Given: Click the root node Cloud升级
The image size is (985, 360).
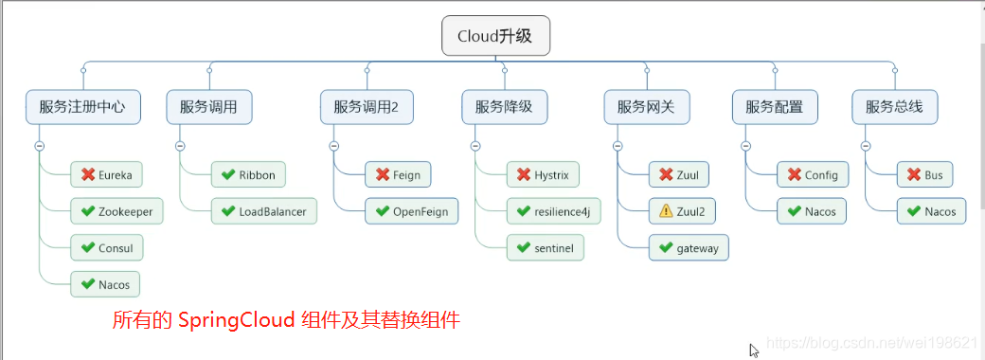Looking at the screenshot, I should click(495, 37).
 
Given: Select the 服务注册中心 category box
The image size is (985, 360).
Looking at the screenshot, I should click(82, 107).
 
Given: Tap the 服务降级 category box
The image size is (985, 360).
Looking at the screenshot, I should click(504, 107).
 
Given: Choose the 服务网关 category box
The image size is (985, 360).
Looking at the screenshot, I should click(646, 107).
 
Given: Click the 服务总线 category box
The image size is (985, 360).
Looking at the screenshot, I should click(894, 107).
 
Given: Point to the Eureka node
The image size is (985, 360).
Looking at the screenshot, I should click(107, 174).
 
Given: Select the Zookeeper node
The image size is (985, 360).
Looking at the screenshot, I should click(116, 211).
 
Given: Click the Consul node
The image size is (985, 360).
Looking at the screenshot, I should click(106, 247).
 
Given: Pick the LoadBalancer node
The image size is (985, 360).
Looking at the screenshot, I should click(263, 211).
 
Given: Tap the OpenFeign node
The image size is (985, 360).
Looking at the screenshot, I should click(411, 211).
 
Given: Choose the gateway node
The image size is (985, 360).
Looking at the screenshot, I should click(689, 248).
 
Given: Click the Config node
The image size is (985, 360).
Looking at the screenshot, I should click(813, 174).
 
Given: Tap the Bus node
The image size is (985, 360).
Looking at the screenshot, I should click(925, 174).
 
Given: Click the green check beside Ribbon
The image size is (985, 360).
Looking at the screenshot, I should click(227, 174).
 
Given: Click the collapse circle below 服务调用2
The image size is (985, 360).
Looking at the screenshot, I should click(333, 146).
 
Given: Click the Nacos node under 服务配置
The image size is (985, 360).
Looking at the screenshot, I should click(812, 211).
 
